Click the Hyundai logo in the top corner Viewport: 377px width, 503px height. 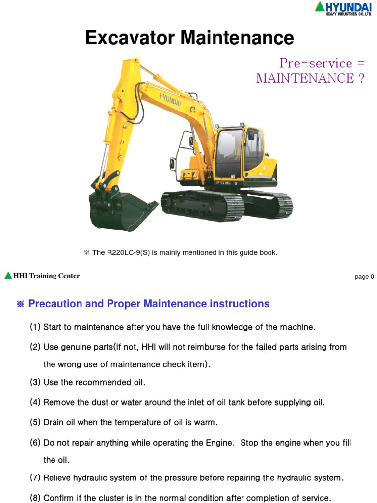pyautogui.click(x=343, y=8)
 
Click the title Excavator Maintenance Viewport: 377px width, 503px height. pyautogui.click(x=189, y=38)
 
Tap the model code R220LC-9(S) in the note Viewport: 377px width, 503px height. pyautogui.click(x=128, y=253)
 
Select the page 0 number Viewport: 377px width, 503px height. pyautogui.click(x=364, y=277)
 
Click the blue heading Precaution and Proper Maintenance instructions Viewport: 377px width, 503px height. pyautogui.click(x=149, y=304)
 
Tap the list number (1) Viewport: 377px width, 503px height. pyautogui.click(x=35, y=327)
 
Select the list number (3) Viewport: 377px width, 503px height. pyautogui.click(x=35, y=382)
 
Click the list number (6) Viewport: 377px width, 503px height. pyautogui.click(x=35, y=443)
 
